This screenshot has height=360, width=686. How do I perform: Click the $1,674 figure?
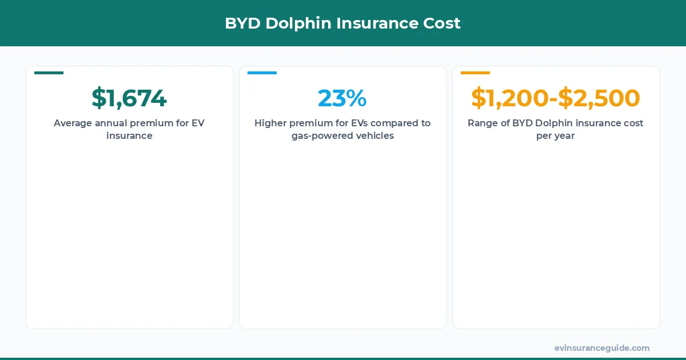129,98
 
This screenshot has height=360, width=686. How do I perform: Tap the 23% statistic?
342,98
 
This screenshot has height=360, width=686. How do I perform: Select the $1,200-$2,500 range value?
556,98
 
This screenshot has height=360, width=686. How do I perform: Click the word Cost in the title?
442,23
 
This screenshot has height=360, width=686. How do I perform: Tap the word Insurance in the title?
377,23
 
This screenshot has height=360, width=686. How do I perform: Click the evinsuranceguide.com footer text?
602,348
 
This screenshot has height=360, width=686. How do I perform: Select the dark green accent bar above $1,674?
49,73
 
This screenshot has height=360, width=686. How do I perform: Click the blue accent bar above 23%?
262,73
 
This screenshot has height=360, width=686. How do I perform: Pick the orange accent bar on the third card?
475,73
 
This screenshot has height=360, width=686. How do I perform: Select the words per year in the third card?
556,137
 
